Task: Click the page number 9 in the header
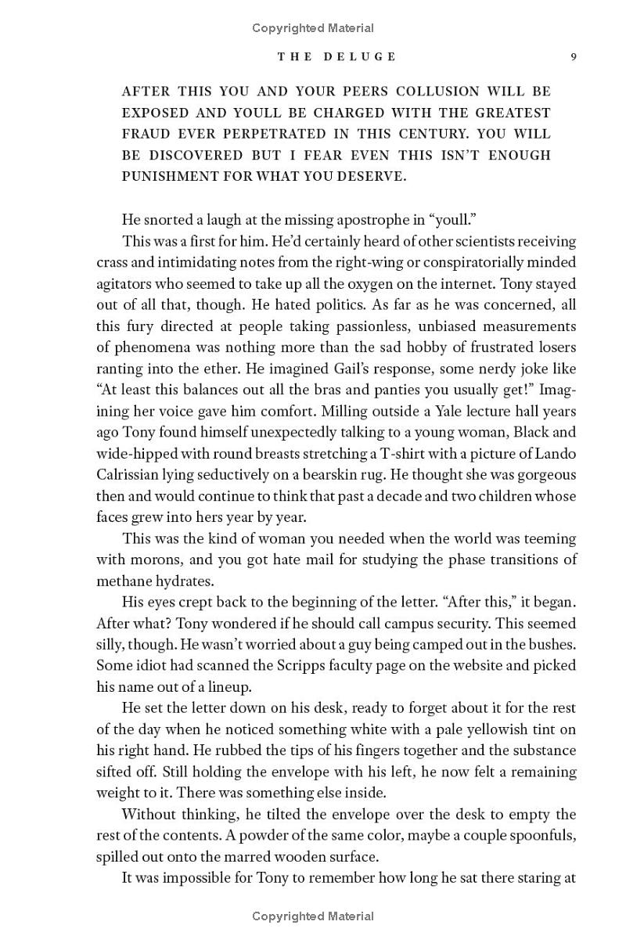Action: click(574, 56)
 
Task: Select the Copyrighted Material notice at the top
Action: click(313, 28)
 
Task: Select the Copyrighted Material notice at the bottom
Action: click(313, 916)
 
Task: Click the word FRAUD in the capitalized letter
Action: click(146, 134)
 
